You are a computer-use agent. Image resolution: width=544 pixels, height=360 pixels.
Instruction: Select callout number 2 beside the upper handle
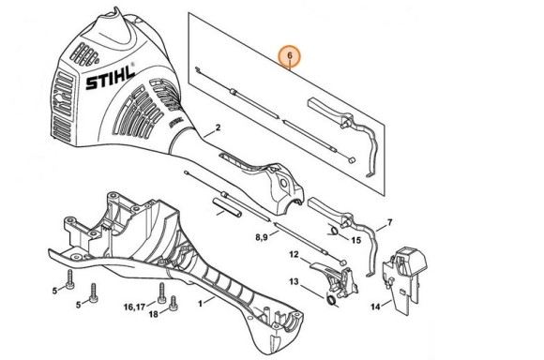point(218,127)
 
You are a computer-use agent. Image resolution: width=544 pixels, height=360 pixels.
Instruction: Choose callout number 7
point(390,223)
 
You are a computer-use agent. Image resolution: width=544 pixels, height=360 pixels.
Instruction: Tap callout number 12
point(293,254)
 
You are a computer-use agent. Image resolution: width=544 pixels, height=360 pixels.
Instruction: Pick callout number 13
point(293,281)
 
